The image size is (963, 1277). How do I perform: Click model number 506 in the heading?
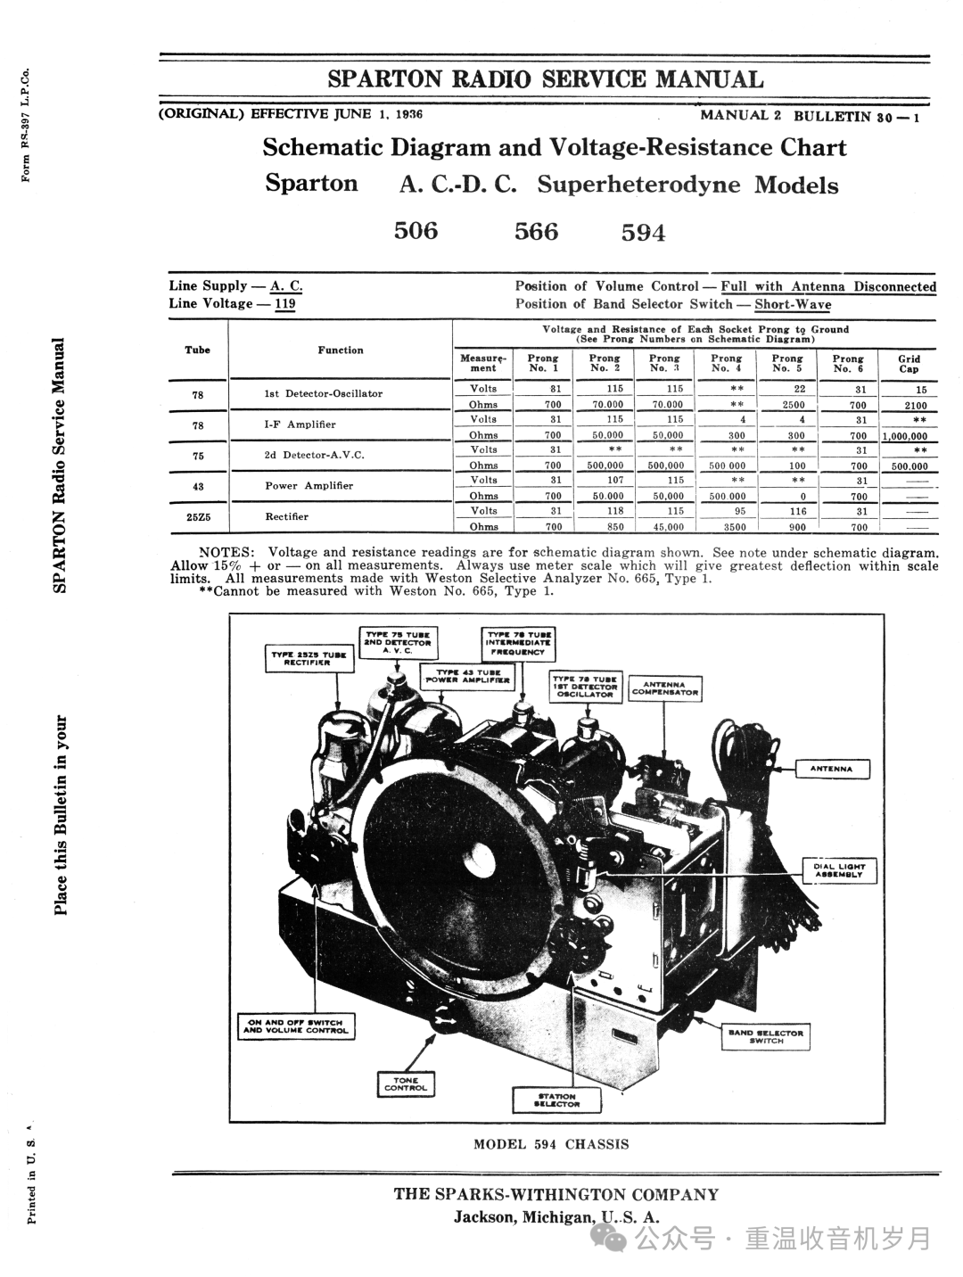(x=416, y=231)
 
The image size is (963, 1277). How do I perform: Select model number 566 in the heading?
(x=537, y=232)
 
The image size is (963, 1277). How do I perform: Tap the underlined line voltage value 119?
(x=285, y=303)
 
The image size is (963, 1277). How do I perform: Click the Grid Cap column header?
(x=909, y=364)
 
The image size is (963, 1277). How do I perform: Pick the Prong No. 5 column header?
(x=787, y=364)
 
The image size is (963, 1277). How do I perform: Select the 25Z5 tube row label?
(x=198, y=517)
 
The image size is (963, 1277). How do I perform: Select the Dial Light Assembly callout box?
(x=839, y=870)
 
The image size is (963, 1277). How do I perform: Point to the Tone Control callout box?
(x=406, y=1083)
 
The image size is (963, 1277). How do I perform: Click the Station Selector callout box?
(x=556, y=1100)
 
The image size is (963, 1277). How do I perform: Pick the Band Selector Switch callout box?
(x=766, y=1036)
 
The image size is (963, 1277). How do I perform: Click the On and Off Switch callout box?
(x=295, y=1026)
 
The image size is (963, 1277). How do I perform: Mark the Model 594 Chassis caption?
(x=551, y=1144)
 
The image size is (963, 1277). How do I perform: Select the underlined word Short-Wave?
(x=793, y=304)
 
